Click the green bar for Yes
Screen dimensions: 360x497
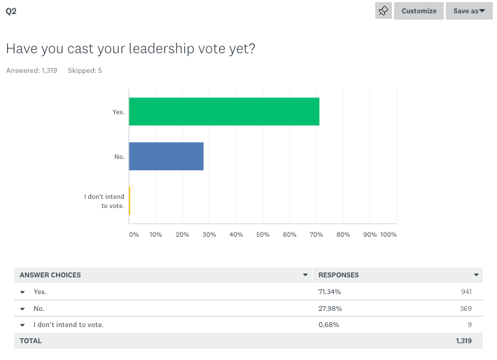coord(224,112)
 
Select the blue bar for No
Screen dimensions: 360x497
coord(167,156)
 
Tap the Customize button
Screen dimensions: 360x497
coord(419,11)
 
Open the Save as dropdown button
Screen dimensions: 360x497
coord(469,11)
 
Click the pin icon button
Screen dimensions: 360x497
coord(384,11)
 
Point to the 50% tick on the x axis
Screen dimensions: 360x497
coord(262,235)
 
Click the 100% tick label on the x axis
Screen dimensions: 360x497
coord(388,235)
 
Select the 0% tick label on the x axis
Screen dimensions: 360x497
coord(134,235)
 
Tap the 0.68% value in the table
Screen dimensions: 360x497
coord(328,324)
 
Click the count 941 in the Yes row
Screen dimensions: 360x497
coord(465,291)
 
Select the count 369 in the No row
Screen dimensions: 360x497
coord(465,308)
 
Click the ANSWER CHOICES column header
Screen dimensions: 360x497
coord(50,275)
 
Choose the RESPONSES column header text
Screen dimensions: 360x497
coord(339,275)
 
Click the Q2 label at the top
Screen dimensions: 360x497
coord(10,12)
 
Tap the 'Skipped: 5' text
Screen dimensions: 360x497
coord(85,70)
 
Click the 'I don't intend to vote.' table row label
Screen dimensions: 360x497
coord(69,324)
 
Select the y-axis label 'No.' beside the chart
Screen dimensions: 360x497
coord(119,157)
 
